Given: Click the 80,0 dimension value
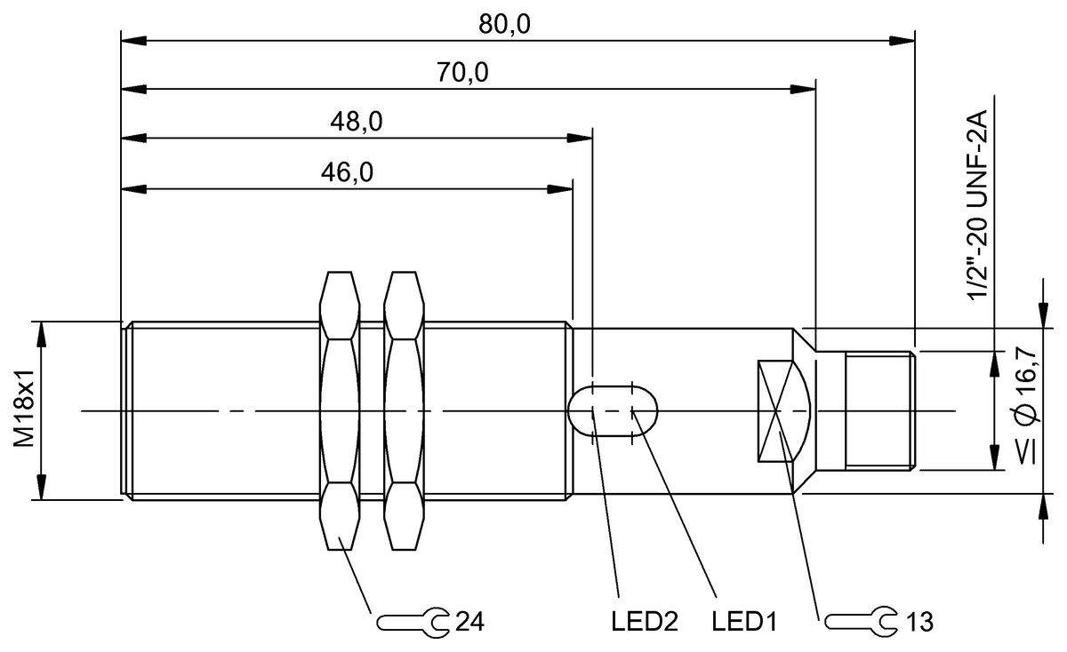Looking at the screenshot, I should pyautogui.click(x=505, y=25).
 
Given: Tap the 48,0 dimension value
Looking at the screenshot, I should pyautogui.click(x=357, y=123).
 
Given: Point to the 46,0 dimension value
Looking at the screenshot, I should pyautogui.click(x=347, y=172).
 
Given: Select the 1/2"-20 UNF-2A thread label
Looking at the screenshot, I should pyautogui.click(x=980, y=207).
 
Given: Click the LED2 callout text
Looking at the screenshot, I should pyautogui.click(x=638, y=621).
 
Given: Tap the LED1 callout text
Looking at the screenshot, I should pyautogui.click(x=744, y=621).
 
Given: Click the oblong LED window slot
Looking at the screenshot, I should pyautogui.click(x=613, y=410).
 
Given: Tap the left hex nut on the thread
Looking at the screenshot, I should pyautogui.click(x=339, y=410).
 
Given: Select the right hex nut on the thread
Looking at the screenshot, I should pyautogui.click(x=405, y=410).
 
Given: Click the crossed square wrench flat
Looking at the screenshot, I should pyautogui.click(x=776, y=410).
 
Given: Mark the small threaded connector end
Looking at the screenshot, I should pyautogui.click(x=878, y=409).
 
